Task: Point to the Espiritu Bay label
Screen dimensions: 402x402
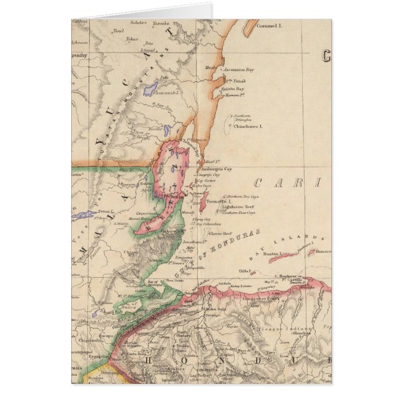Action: click(x=232, y=89)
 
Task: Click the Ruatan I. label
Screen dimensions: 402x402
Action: click(x=272, y=253)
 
